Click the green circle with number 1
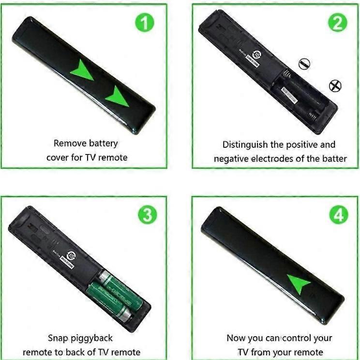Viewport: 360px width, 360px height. click(x=144, y=22)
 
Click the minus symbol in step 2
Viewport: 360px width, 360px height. click(x=304, y=63)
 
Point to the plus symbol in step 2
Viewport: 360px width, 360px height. click(x=335, y=86)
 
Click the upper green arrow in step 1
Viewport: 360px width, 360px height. click(x=82, y=72)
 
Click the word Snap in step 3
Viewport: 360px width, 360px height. click(x=58, y=338)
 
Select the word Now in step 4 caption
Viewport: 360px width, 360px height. click(x=236, y=338)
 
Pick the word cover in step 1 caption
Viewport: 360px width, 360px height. click(x=57, y=158)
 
